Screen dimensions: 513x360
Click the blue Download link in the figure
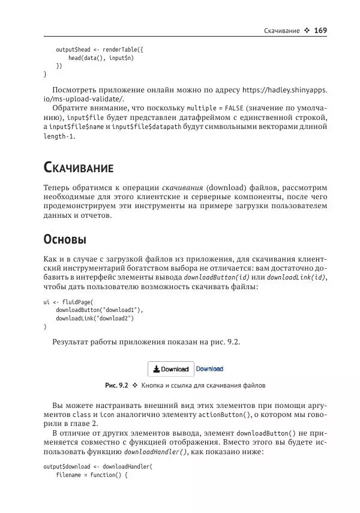(x=209, y=369)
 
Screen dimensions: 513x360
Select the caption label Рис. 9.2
(x=116, y=385)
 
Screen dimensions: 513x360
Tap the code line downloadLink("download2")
(x=94, y=318)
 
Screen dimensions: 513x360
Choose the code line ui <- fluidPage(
(x=69, y=301)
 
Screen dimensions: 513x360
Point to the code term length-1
(x=59, y=137)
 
